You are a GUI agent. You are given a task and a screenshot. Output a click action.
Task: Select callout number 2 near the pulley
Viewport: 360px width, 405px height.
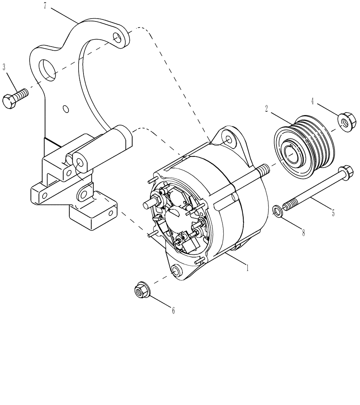coord(266,109)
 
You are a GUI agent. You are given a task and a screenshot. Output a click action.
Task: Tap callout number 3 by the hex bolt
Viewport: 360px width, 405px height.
coord(4,66)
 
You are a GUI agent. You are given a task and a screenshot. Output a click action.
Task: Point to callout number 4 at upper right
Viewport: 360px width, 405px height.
coord(313,100)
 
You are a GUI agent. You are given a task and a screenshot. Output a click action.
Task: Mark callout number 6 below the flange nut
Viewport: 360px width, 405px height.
coord(173,311)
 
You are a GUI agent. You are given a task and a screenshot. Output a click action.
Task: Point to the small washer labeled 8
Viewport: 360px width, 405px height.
coord(277,211)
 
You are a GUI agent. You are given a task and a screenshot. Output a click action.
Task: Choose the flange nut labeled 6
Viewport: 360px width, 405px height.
coord(141,290)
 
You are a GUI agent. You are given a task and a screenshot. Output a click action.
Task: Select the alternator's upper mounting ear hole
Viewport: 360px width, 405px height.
coord(229,140)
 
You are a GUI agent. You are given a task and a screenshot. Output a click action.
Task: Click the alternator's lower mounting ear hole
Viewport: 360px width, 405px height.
coord(176,271)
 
